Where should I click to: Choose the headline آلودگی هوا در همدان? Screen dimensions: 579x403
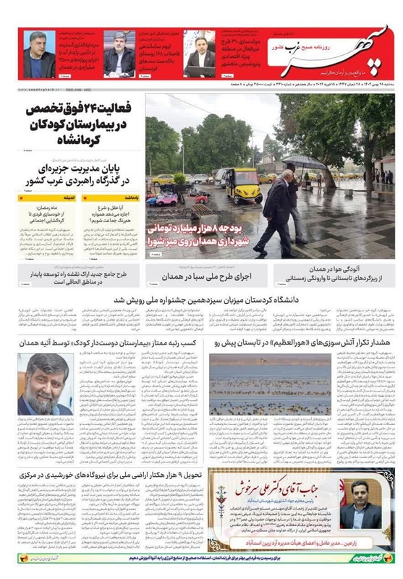tap(334, 269)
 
